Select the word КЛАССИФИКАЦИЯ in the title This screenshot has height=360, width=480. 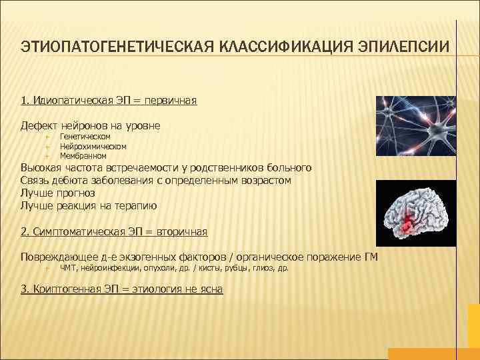point(288,48)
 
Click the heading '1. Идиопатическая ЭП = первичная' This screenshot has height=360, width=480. point(109,101)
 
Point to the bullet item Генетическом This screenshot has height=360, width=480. point(85,137)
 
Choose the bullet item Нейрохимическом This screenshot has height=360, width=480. point(93,146)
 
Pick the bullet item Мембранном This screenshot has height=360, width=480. point(83,155)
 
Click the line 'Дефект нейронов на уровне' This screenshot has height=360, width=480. point(91,125)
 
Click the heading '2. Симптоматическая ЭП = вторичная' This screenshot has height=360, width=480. point(114,231)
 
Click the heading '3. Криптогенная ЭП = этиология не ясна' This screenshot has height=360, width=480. point(122,289)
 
